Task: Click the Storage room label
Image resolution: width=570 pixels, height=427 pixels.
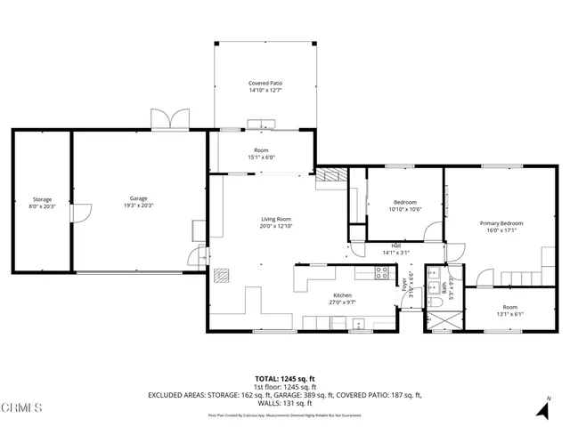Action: point(42,199)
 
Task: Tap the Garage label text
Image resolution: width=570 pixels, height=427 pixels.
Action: point(138,198)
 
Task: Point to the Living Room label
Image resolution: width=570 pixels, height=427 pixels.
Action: point(275,219)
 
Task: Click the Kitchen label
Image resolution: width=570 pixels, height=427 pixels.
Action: point(343,295)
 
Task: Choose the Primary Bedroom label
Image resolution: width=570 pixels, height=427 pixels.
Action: point(501,223)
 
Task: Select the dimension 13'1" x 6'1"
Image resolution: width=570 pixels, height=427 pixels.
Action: point(509,313)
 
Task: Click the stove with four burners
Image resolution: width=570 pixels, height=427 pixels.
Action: point(383,274)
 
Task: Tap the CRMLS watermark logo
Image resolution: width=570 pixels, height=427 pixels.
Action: point(21,408)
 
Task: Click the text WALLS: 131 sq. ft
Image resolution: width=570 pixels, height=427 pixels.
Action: point(284,403)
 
